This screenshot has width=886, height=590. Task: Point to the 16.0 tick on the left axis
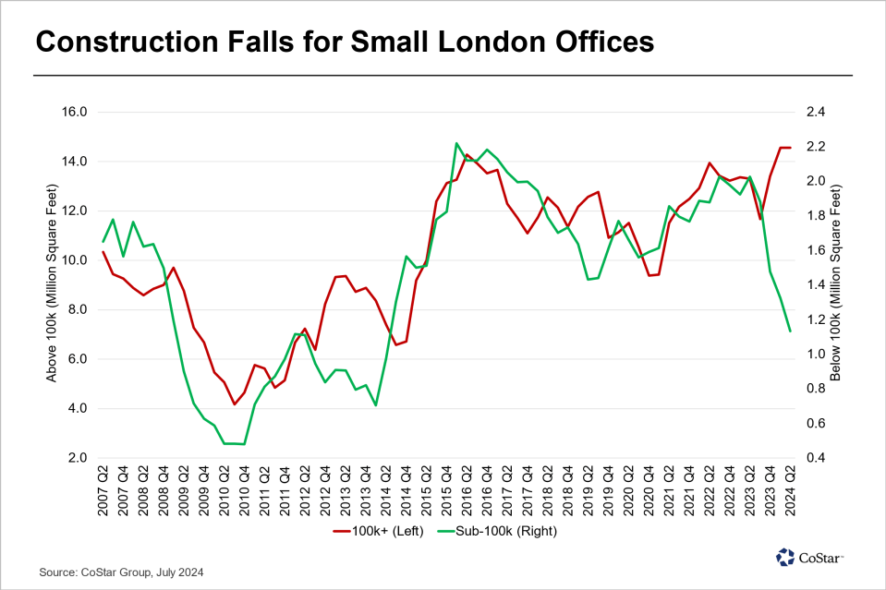[x=74, y=112]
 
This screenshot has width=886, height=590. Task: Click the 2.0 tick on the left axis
[x=77, y=458]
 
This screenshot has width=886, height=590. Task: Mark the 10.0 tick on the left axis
[x=74, y=260]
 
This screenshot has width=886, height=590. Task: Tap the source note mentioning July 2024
[x=121, y=573]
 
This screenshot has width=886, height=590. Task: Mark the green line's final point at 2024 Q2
[x=790, y=331]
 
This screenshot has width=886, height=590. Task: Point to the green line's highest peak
[x=457, y=143]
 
